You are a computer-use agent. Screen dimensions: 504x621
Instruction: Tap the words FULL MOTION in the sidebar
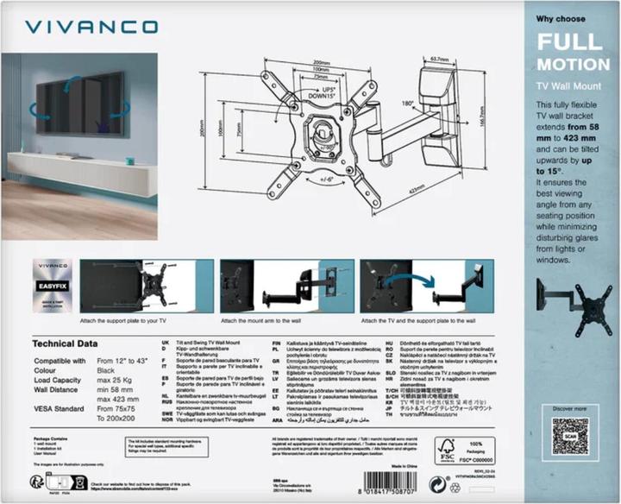tap(574, 53)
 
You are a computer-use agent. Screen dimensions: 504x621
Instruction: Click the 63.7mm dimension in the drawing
tap(442, 60)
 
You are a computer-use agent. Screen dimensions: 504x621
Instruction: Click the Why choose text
tap(561, 17)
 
